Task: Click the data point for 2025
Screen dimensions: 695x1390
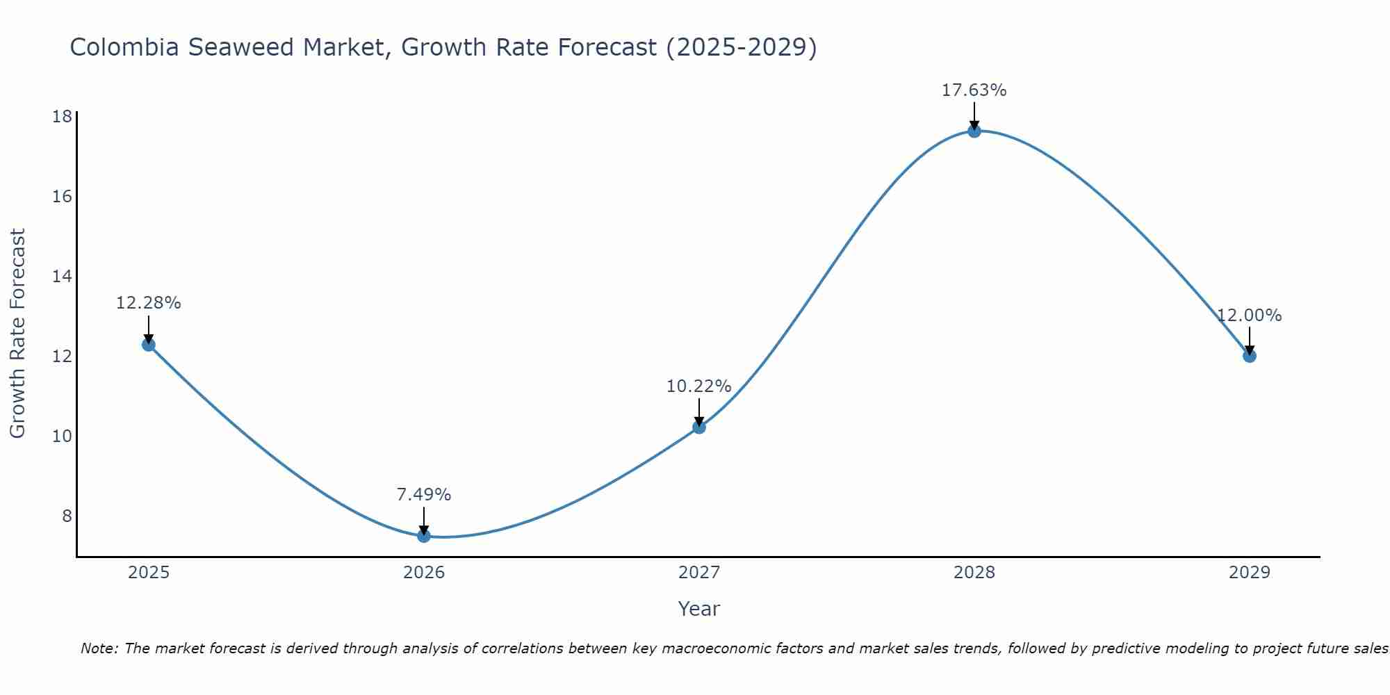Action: (148, 344)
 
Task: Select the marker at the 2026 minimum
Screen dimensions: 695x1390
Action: (423, 535)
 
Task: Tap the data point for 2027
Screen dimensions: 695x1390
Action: (699, 427)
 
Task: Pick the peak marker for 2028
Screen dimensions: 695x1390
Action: (974, 131)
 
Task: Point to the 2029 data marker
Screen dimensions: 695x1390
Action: (1250, 356)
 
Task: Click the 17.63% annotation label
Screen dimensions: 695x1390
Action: (974, 90)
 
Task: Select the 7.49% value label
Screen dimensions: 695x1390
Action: (423, 495)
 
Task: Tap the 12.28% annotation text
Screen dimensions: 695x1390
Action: (148, 303)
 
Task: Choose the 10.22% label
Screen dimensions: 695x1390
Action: (698, 386)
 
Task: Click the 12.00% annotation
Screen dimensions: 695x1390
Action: (1249, 316)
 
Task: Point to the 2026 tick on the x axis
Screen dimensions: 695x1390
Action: (424, 573)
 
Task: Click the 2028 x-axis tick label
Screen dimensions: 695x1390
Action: (974, 573)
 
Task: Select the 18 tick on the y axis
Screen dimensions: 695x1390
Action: (62, 116)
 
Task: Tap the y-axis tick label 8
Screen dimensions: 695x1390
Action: (67, 516)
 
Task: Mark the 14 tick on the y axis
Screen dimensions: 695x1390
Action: (62, 276)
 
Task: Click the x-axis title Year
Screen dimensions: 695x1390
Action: (698, 609)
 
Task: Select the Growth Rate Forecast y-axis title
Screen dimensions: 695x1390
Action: (17, 333)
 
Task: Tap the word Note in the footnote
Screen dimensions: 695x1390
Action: (99, 648)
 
